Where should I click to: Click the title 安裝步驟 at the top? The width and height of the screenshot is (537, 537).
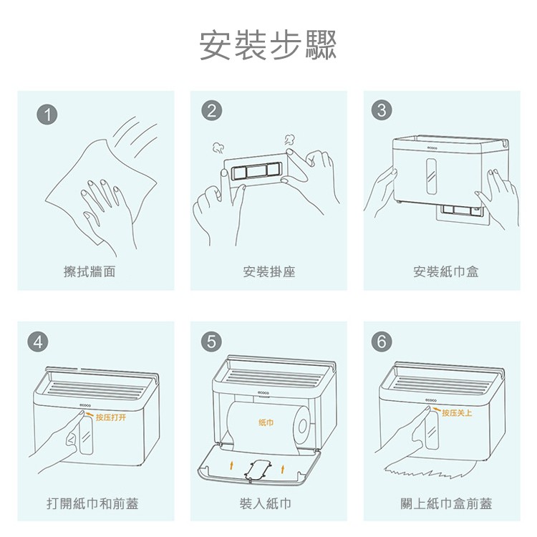268,46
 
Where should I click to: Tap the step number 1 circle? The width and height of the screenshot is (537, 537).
47,115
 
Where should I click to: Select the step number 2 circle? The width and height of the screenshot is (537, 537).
211,111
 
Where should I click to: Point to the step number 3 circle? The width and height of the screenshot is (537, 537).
381,110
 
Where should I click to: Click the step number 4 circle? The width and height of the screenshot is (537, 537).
39,342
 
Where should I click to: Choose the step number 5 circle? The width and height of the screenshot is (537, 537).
211,342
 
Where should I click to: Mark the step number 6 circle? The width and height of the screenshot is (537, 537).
381,342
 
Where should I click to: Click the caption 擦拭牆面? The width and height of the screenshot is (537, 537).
89,271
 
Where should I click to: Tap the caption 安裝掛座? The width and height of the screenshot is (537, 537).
269,271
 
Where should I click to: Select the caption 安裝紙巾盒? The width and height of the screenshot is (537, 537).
446,271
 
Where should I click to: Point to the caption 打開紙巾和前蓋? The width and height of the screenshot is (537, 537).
92,504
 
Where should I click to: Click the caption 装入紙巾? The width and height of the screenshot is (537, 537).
266,504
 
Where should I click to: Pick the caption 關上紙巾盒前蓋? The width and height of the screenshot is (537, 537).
446,504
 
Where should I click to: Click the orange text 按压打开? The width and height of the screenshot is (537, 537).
111,417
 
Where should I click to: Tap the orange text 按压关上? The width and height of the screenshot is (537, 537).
457,412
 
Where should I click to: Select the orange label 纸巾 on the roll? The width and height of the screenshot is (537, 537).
266,422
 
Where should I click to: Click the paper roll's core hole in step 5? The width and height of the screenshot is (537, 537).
303,427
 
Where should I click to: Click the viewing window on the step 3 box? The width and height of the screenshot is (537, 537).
432,176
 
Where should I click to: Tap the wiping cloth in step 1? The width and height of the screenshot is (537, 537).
102,192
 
